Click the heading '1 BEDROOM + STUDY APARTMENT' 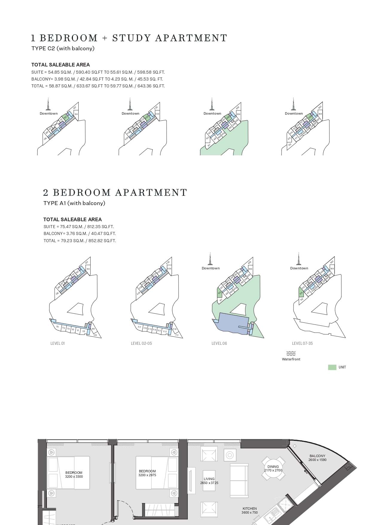point(129,38)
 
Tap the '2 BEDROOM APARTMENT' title point(115,192)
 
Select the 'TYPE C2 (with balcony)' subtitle point(63,48)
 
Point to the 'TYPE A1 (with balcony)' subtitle point(74,203)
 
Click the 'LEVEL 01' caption point(57,343)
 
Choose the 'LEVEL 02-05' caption point(141,343)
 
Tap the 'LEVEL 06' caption point(219,343)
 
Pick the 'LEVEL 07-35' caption point(302,343)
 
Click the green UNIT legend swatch point(332,367)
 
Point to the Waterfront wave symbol point(291,353)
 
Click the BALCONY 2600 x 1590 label point(317,458)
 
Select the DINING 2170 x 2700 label point(273,468)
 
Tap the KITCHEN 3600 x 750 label point(250,510)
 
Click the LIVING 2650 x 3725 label point(209,481)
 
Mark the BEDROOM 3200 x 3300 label point(74,474)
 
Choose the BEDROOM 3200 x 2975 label point(147,473)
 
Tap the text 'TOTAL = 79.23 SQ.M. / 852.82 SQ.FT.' point(80,241)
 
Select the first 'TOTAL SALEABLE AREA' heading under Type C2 point(60,65)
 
